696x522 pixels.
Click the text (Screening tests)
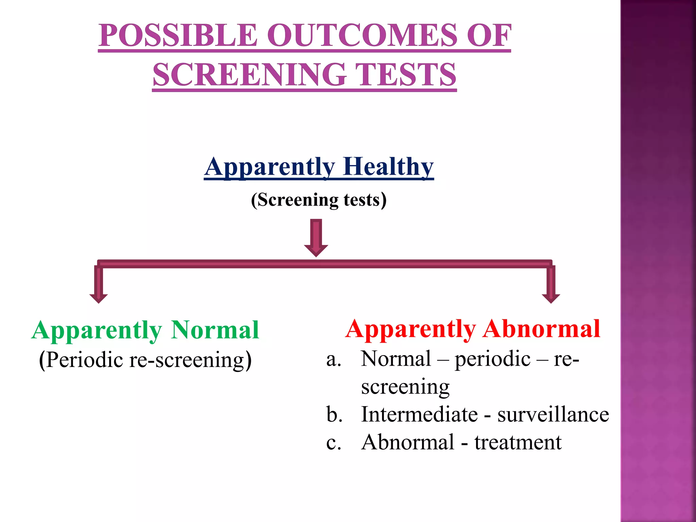tap(319, 199)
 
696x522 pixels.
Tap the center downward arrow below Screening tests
tap(316, 238)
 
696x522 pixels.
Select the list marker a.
tap(333, 359)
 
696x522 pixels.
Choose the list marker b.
tap(334, 415)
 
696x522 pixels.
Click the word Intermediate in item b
tap(419, 415)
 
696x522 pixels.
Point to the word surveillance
tap(553, 415)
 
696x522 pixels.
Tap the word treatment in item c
tap(518, 442)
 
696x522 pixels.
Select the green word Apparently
tap(97, 330)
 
